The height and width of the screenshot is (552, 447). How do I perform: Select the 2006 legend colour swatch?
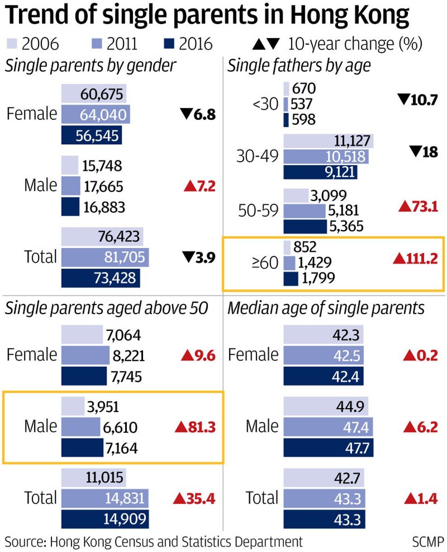point(13,44)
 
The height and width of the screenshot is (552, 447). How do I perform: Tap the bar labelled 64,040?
point(96,114)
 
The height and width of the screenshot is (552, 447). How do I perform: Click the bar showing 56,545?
point(94,135)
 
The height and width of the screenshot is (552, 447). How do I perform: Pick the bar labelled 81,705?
point(105,256)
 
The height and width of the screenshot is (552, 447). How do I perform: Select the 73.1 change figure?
point(422,207)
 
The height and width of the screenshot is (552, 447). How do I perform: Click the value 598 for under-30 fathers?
point(303,119)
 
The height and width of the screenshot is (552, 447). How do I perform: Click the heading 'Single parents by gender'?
point(91,65)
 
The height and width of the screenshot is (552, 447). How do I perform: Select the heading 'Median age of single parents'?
point(326,308)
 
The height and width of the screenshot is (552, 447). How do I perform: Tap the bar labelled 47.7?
point(328,447)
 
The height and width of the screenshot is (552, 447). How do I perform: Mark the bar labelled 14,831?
point(105,498)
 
